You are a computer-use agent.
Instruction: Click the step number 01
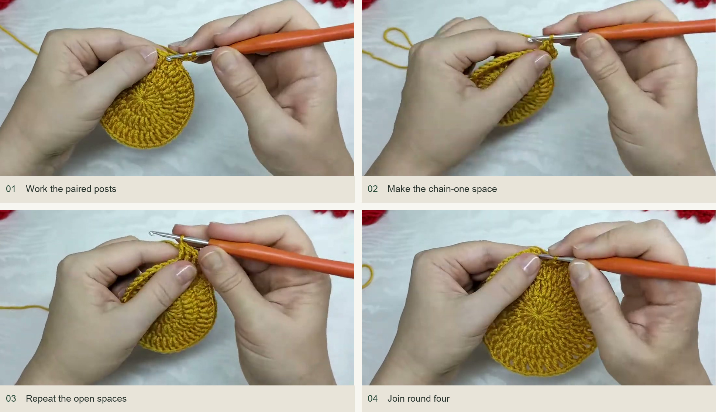11,189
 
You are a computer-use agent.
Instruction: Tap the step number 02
372,189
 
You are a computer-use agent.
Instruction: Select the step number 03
11,399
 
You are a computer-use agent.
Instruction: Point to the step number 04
372,399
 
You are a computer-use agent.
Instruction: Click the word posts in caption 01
105,189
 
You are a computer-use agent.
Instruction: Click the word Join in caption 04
396,399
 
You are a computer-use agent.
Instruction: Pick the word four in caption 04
441,399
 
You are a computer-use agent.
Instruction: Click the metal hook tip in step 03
151,234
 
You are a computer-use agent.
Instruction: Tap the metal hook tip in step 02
530,40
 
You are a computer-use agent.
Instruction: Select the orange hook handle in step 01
292,39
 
